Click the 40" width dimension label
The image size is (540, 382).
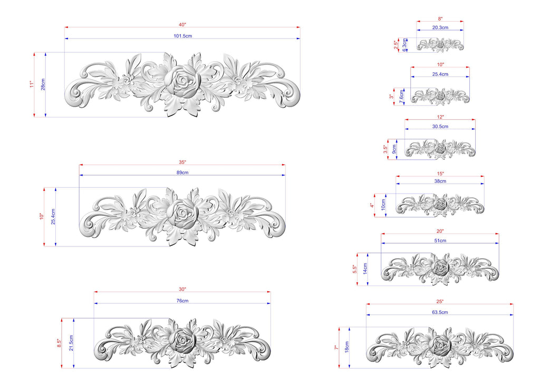(182, 24)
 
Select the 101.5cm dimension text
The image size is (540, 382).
(183, 36)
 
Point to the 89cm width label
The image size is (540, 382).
(182, 172)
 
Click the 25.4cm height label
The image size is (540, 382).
(53, 217)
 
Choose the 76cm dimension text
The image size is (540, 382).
(182, 301)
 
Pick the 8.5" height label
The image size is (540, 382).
(59, 343)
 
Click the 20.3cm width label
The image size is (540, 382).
(440, 27)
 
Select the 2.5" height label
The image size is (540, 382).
(396, 45)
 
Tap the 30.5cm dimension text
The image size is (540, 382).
(440, 127)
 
